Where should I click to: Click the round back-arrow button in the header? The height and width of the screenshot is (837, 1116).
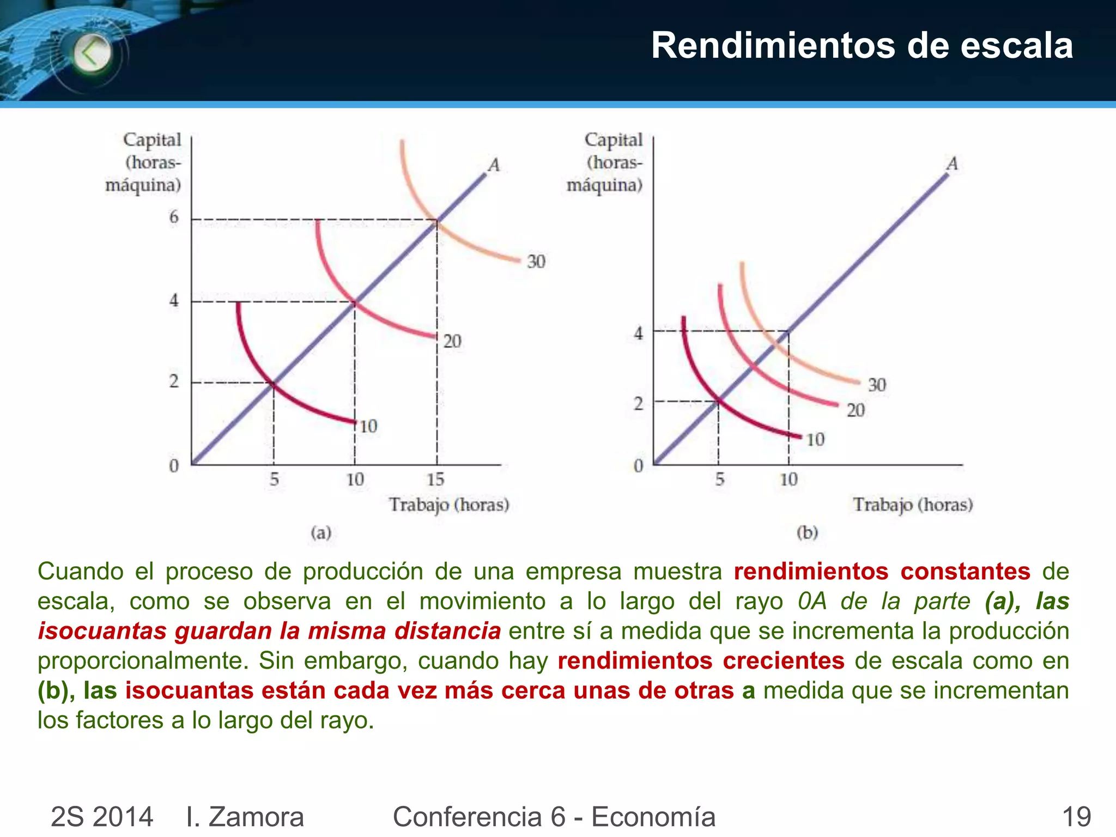(92, 53)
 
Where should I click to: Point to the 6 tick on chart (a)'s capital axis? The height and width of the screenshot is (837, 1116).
(174, 217)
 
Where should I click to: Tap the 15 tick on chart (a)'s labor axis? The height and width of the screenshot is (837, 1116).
(435, 480)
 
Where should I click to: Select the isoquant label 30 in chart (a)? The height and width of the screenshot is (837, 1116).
(536, 262)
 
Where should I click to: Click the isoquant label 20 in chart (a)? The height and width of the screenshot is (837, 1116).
(452, 342)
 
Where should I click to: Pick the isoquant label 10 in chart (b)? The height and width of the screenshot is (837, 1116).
(815, 440)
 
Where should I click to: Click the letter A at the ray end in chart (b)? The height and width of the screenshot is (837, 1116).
(952, 163)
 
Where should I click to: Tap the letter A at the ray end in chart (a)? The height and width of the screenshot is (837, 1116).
(494, 165)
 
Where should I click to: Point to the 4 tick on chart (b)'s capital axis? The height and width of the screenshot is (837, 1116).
(639, 333)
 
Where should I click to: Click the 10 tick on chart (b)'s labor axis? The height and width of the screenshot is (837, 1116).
(789, 480)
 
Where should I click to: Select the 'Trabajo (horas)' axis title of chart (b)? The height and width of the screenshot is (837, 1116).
(913, 505)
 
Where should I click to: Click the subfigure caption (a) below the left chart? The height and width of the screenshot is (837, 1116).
(321, 532)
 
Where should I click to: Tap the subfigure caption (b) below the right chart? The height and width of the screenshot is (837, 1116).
(807, 532)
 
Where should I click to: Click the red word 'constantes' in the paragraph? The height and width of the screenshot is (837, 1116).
(965, 572)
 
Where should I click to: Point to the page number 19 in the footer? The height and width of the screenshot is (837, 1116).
(1076, 817)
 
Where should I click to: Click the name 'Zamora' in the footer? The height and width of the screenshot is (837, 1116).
(256, 817)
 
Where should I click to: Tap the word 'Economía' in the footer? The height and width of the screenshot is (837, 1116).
(653, 817)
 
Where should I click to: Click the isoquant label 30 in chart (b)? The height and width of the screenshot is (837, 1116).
(877, 385)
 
